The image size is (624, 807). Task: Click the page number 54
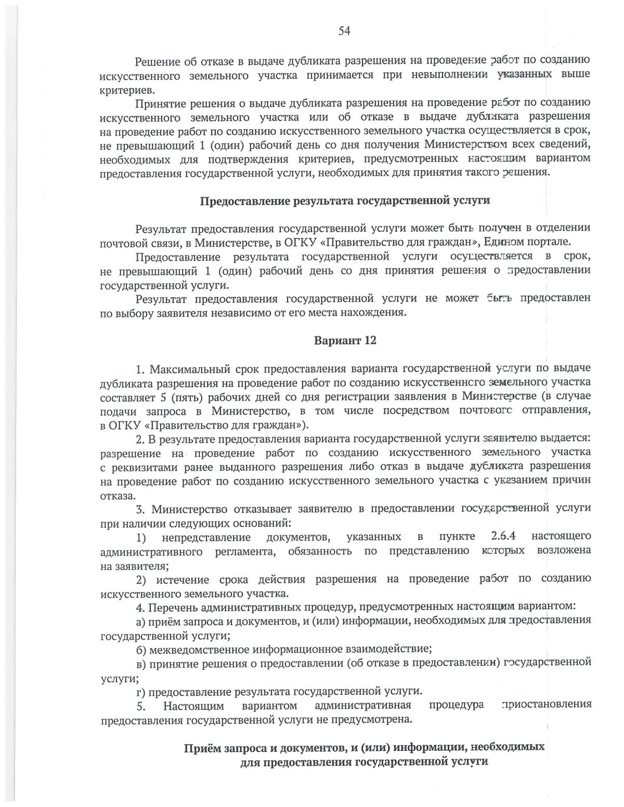pyautogui.click(x=344, y=31)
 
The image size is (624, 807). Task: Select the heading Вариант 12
pyautogui.click(x=345, y=341)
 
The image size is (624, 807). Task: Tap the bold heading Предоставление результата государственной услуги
pyautogui.click(x=345, y=201)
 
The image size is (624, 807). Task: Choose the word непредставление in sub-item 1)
pyautogui.click(x=206, y=537)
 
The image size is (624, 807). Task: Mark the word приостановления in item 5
pyautogui.click(x=546, y=705)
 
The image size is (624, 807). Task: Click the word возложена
pyautogui.click(x=564, y=551)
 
